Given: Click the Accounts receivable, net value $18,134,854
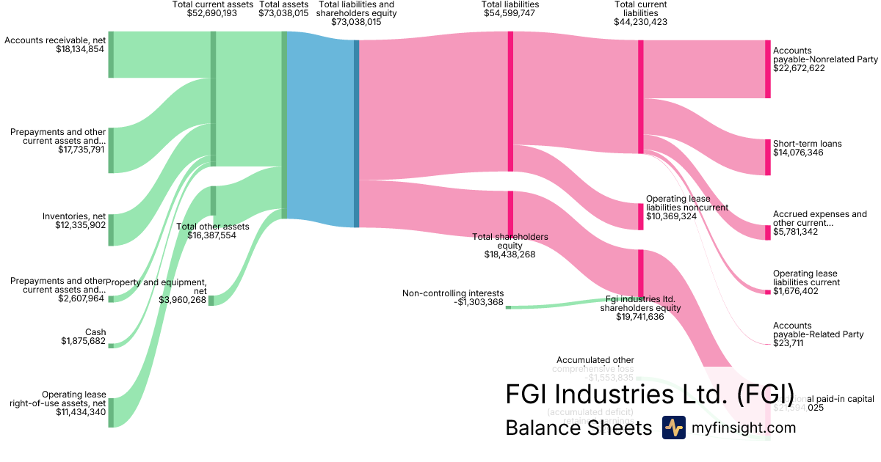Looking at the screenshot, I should [x=80, y=49].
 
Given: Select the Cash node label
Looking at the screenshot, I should [x=95, y=332].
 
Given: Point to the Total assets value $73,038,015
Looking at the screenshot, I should [x=283, y=13].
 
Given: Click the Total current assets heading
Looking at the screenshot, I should [x=212, y=4].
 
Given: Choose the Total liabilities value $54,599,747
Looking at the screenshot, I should [x=510, y=13].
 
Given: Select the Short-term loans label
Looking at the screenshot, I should [x=808, y=144].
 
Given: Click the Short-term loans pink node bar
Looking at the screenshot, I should [x=767, y=156].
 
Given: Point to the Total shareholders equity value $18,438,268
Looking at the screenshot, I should [x=510, y=254].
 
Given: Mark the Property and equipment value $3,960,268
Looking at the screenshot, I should [x=183, y=300].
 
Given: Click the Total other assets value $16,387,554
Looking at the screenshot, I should [x=213, y=235].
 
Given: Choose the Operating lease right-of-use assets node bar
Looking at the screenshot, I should [x=111, y=412].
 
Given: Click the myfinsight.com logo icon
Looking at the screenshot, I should [x=673, y=428].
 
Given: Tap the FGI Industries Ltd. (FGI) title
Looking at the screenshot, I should [x=650, y=394].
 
